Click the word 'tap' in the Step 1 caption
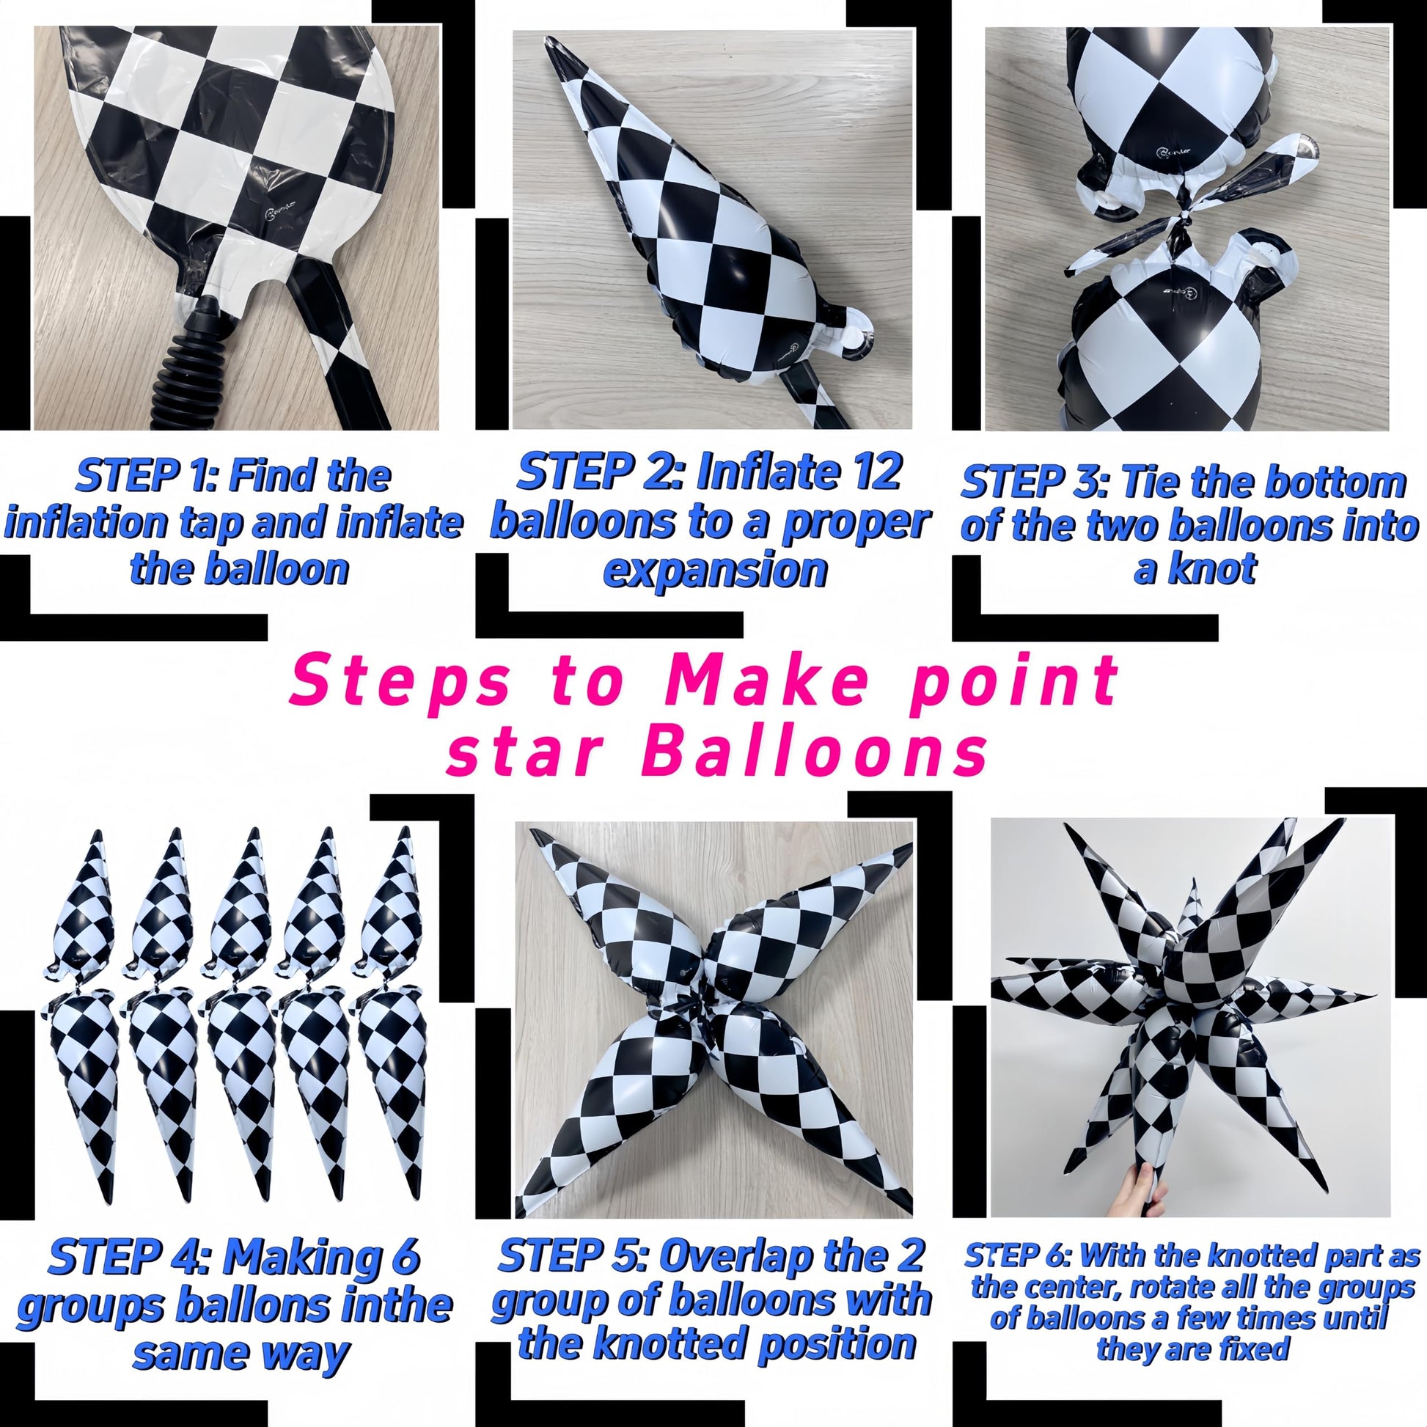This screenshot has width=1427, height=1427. tap(216, 523)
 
